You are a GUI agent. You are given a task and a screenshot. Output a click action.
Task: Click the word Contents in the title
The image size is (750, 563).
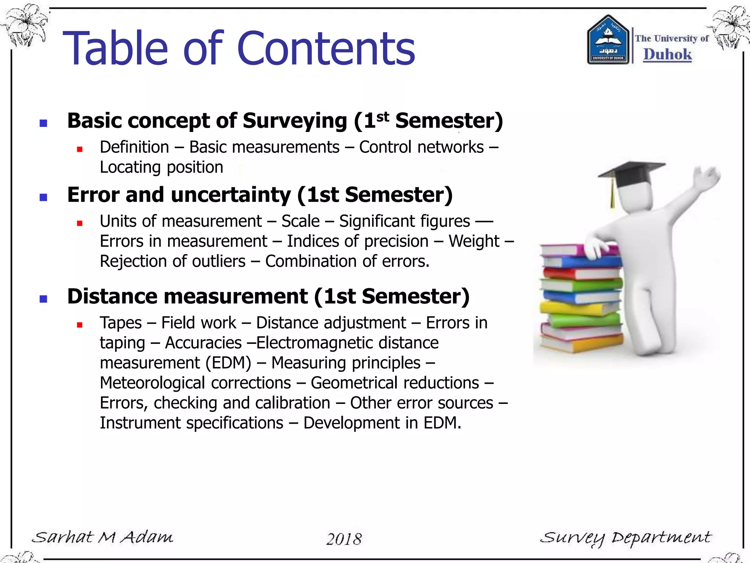[326, 49]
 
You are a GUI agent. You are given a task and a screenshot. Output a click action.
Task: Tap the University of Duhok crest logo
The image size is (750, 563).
[608, 40]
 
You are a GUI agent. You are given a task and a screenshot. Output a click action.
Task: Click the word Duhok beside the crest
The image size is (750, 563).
[667, 54]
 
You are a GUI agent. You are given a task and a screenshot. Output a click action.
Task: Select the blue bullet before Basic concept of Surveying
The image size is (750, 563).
[44, 123]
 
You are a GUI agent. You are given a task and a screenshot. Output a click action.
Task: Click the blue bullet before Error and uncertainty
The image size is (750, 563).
[44, 197]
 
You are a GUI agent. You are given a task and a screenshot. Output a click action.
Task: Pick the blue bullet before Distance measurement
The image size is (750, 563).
[44, 299]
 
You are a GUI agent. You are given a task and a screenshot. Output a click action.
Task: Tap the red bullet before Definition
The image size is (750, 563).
[79, 149]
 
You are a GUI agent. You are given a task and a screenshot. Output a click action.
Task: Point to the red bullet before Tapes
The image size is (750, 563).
[79, 325]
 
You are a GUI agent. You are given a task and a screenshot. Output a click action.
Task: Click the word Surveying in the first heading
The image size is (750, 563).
[295, 121]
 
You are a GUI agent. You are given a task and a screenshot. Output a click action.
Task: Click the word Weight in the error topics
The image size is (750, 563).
[474, 241]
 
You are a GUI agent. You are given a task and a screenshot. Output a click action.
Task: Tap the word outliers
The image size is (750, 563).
[219, 261]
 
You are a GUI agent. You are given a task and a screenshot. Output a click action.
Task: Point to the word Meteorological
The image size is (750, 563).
[152, 383]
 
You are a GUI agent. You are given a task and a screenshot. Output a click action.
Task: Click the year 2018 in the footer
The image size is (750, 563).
[344, 539]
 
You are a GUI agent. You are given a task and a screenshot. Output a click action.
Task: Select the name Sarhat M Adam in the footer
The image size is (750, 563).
[102, 537]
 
